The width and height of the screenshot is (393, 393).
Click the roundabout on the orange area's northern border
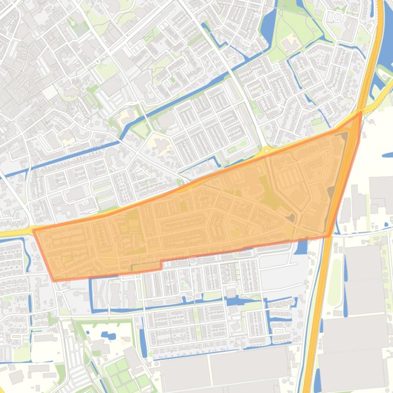[266, 151]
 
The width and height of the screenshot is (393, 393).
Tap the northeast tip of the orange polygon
[361, 112]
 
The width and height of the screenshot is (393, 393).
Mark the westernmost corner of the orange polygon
[34, 231]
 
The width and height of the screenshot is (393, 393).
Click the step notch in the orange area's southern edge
[161, 265]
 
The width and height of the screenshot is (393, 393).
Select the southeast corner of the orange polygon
[329, 236]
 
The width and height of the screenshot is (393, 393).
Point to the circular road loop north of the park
[337, 17]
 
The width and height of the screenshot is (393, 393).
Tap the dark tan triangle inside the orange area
[290, 218]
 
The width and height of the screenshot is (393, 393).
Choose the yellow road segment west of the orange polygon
[15, 233]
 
